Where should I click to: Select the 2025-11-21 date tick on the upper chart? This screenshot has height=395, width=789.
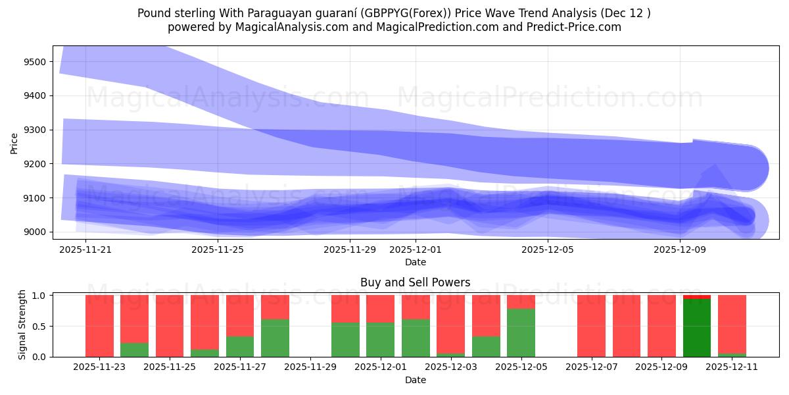tap(85, 250)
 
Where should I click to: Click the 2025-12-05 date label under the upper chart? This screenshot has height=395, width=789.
tap(548, 250)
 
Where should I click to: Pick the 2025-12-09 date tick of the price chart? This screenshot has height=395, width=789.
tap(680, 250)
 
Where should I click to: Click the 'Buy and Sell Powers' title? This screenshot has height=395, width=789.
tap(415, 282)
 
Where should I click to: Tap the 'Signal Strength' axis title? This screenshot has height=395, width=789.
tap(22, 325)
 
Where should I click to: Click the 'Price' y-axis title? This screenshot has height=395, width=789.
tap(14, 143)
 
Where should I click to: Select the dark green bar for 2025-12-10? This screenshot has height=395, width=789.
tap(697, 328)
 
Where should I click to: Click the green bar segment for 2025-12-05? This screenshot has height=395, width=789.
tap(521, 332)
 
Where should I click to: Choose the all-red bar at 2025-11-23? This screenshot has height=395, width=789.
tap(99, 326)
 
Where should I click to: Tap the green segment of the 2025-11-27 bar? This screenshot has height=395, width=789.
tap(240, 346)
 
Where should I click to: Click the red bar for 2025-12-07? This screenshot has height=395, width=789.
tap(591, 326)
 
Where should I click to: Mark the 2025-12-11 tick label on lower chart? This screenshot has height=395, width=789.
tap(732, 367)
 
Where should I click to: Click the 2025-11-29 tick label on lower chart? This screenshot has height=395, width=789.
tap(310, 367)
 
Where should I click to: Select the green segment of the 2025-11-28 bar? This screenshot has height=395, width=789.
tap(275, 338)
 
